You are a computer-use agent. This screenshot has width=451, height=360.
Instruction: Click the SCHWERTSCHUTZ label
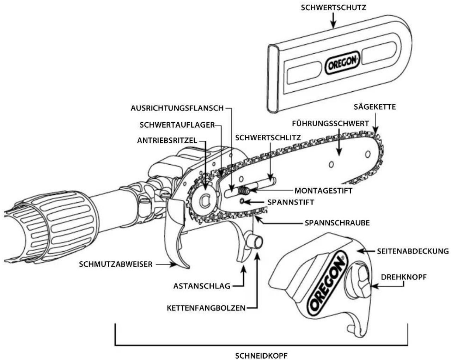click(x=334, y=8)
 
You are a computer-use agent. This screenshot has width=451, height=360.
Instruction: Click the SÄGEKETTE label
click(x=375, y=107)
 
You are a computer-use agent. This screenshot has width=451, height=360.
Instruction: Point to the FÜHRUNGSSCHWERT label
click(x=330, y=123)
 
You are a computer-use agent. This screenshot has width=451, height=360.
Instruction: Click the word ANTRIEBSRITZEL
click(x=167, y=140)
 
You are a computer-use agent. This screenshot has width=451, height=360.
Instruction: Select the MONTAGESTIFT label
click(x=323, y=191)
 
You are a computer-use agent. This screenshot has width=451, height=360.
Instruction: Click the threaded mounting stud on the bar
click(x=243, y=190)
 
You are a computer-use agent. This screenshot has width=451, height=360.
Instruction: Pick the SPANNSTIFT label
click(x=291, y=202)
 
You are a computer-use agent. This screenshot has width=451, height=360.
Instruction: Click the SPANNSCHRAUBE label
click(x=337, y=223)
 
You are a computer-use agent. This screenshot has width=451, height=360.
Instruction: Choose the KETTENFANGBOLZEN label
click(x=206, y=308)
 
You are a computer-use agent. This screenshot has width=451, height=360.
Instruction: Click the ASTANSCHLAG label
click(x=202, y=286)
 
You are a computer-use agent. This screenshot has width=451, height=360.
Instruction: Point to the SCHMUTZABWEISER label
click(x=116, y=264)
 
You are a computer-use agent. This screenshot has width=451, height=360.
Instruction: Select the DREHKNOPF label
click(x=404, y=277)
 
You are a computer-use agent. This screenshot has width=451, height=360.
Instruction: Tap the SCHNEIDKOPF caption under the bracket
click(x=261, y=356)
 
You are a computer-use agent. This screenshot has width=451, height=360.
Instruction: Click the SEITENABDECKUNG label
click(x=413, y=251)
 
